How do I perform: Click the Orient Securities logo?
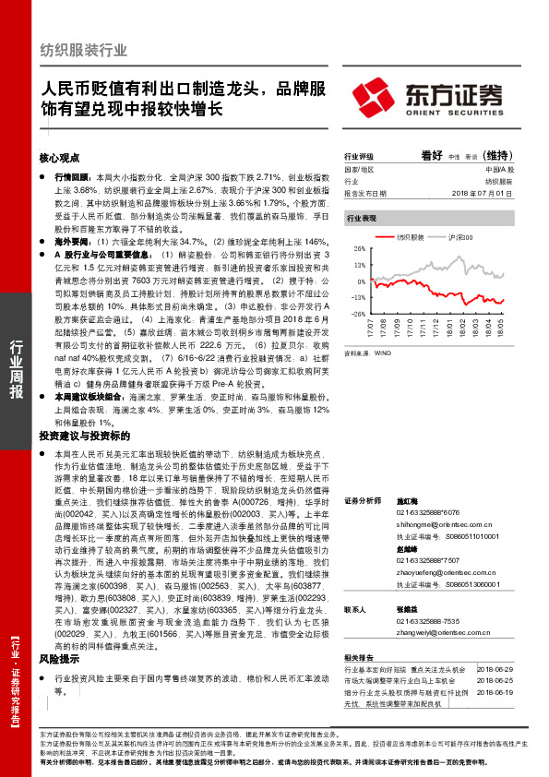(427, 95)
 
